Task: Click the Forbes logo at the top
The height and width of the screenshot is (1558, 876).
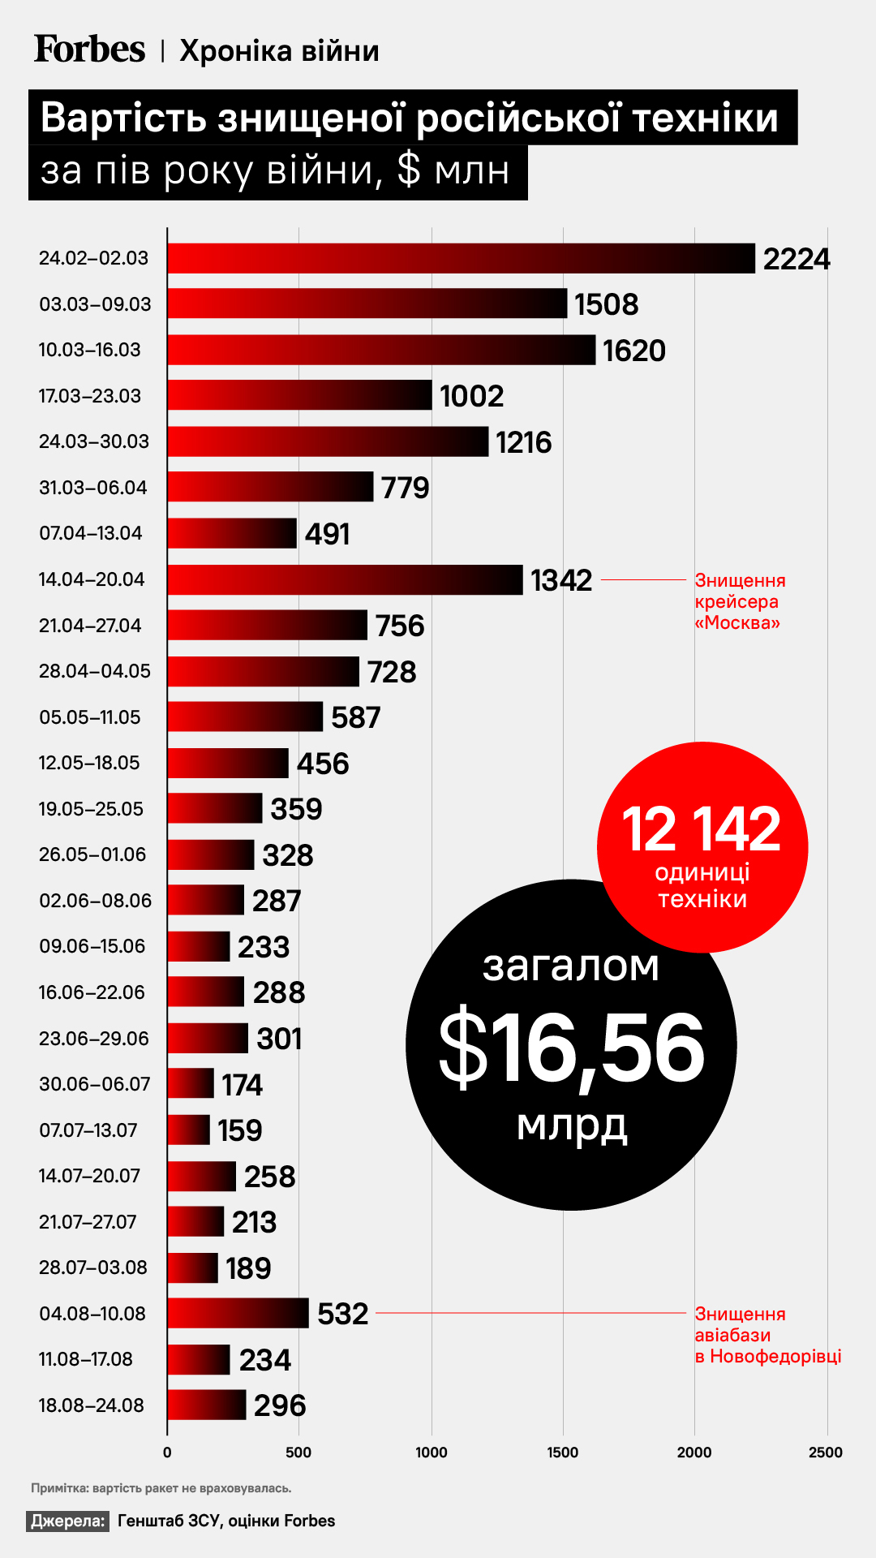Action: [89, 49]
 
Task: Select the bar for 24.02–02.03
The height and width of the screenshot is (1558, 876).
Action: [461, 258]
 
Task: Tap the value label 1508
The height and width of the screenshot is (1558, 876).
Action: [606, 304]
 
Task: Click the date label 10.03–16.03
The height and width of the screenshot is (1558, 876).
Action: [90, 350]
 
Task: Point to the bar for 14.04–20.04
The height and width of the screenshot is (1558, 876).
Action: [345, 579]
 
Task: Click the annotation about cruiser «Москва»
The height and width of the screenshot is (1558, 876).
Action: [739, 601]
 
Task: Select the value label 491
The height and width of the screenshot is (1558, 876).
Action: [327, 534]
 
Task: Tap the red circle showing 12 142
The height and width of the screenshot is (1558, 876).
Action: [702, 847]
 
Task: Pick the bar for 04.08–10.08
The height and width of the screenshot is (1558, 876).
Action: [238, 1313]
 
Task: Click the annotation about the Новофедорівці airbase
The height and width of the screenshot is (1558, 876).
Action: [767, 1335]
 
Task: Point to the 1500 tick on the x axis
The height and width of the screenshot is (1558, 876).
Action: [563, 1452]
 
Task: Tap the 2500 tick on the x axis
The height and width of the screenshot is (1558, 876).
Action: [826, 1452]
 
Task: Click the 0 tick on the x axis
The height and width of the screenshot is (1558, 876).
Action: [167, 1452]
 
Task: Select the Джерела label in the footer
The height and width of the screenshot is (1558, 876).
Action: [68, 1521]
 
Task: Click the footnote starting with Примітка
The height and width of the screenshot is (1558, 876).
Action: [161, 1487]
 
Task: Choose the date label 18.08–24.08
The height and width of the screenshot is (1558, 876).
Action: [92, 1405]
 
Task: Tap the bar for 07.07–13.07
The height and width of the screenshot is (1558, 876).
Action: [188, 1130]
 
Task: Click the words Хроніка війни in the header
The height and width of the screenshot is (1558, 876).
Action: [279, 51]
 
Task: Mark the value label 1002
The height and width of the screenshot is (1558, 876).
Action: [471, 396]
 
